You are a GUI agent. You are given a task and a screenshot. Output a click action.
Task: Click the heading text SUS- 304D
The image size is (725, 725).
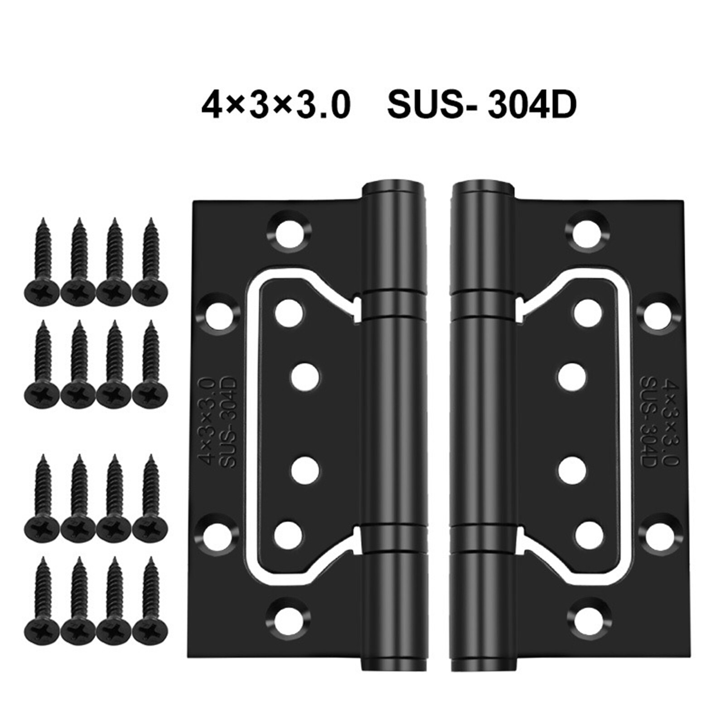[x=481, y=105]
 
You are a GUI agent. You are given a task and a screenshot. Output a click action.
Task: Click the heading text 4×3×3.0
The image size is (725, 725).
[x=276, y=105]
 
